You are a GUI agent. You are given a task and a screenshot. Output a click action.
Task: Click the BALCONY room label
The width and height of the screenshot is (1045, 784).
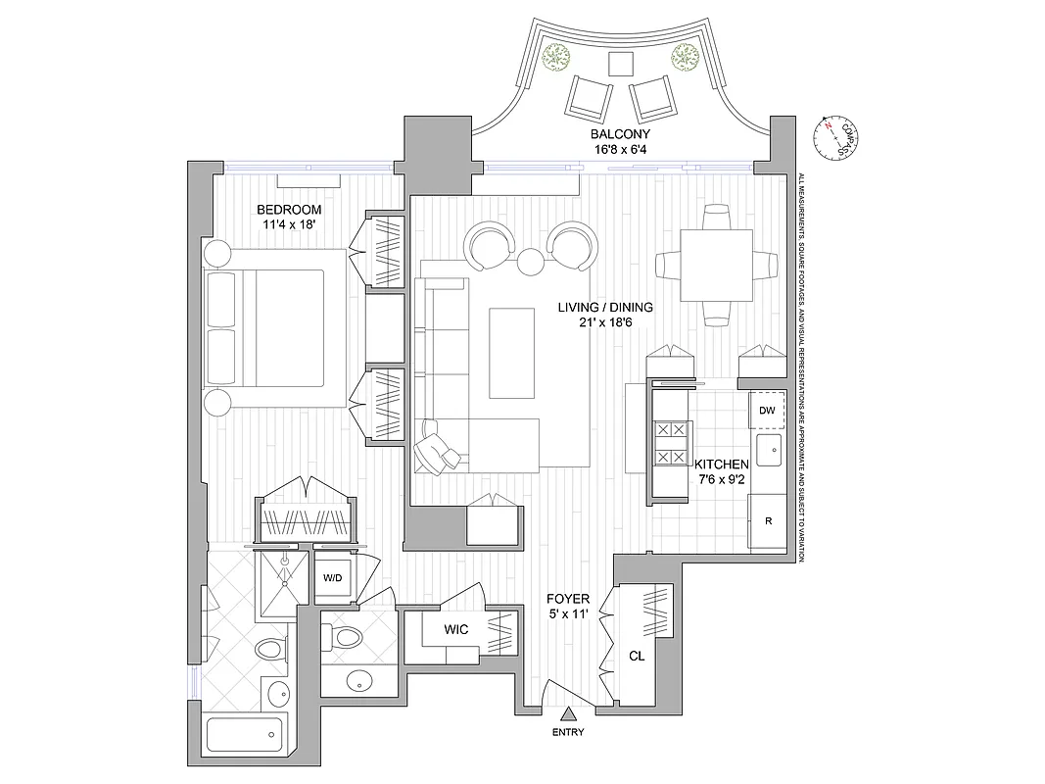(x=620, y=134)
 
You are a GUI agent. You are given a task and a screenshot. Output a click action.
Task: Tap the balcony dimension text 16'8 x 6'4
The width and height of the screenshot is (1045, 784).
(x=620, y=150)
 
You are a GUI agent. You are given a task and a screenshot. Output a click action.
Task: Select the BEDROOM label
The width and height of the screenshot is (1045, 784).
(x=289, y=210)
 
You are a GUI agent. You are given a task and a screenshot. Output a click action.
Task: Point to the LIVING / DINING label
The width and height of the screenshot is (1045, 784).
(x=605, y=307)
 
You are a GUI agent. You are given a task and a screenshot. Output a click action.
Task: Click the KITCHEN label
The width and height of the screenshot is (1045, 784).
(x=722, y=464)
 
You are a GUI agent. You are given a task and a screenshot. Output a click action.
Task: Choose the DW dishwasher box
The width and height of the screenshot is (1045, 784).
(x=767, y=411)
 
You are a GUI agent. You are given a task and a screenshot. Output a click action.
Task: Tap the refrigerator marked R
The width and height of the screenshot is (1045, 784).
(x=768, y=520)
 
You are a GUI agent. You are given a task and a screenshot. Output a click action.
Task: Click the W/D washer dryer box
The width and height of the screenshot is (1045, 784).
(x=332, y=577)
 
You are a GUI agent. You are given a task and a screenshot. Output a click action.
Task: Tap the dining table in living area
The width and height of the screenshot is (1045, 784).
(x=717, y=266)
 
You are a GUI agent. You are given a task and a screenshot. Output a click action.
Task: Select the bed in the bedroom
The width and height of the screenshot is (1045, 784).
(x=276, y=328)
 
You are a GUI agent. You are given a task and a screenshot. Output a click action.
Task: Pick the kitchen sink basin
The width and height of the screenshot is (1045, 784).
(x=768, y=454)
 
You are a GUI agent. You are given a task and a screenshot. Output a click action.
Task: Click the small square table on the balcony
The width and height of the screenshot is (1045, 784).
(x=620, y=64)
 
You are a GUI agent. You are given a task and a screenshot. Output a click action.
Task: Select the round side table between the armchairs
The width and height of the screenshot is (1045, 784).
(x=530, y=262)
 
